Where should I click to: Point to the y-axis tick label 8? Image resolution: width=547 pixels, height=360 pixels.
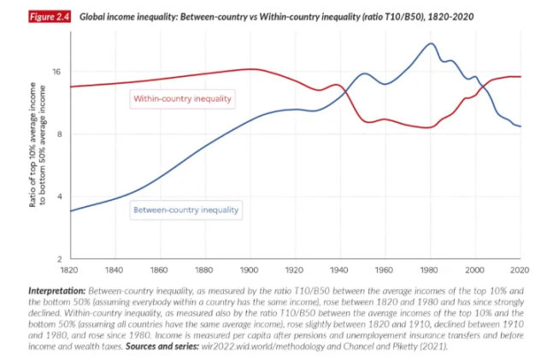point(59,134)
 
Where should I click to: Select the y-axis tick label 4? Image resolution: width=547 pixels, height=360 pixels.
point(59,197)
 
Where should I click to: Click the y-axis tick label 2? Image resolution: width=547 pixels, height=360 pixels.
point(59,258)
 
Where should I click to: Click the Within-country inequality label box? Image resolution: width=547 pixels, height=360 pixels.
point(183,99)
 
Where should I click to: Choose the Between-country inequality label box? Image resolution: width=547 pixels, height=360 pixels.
point(185,209)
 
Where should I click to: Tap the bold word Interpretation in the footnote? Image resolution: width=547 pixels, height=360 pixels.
point(57,292)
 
